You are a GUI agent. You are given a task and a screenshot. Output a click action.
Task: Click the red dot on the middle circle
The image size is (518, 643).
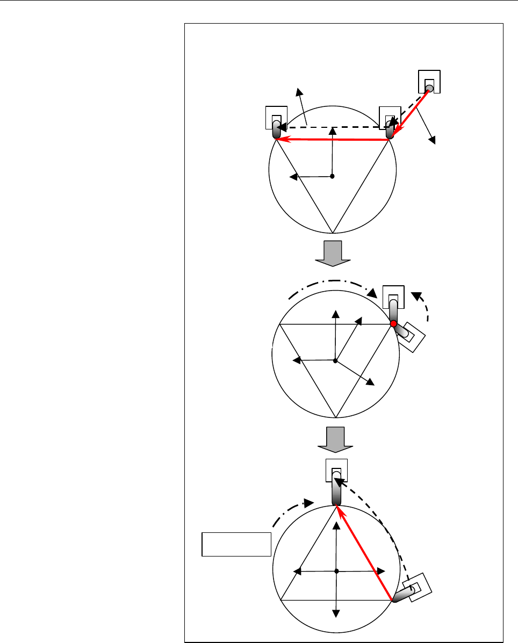pos(393,324)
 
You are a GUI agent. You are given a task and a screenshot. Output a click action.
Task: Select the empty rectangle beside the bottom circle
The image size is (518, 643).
pos(235,544)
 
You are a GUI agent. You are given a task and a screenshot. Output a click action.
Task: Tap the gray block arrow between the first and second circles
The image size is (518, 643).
pos(332,253)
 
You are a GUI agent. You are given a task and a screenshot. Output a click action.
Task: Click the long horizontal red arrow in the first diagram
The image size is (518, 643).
pos(333,140)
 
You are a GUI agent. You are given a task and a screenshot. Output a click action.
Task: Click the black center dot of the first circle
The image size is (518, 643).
pos(332,176)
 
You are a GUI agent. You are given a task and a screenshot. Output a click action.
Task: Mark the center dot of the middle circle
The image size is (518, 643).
pos(335,360)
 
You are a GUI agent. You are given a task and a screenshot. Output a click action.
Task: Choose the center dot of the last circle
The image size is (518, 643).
pos(336,570)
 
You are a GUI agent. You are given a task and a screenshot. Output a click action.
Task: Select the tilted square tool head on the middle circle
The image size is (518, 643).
pos(412,335)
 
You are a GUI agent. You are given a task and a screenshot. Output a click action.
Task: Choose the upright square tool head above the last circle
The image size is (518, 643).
pos(336,471)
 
